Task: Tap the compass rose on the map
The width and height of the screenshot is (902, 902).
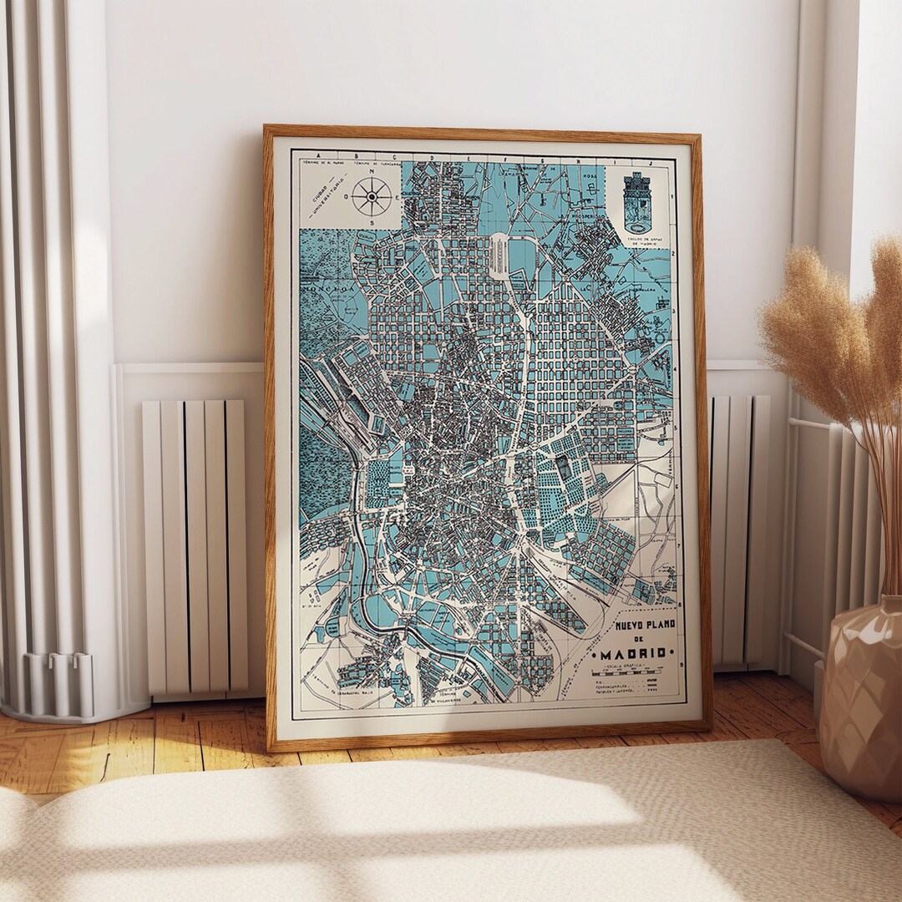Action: coord(368,197)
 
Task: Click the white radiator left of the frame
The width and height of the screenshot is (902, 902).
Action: coord(195,547)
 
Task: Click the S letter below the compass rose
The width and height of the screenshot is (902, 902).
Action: coord(370,224)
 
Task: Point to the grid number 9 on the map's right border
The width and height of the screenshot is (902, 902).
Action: coord(682,666)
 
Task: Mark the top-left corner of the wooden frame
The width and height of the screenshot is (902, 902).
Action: coord(266,128)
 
